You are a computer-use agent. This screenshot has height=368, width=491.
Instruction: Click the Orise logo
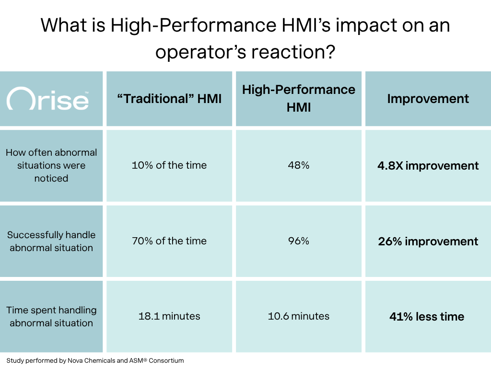(x=47, y=99)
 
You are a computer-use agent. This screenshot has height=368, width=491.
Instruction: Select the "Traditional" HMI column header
(x=169, y=99)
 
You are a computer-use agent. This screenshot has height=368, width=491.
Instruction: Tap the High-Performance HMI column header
(x=299, y=98)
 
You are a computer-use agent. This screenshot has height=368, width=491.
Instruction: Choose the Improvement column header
(x=428, y=99)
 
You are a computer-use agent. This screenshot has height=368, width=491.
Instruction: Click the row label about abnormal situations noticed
(x=51, y=165)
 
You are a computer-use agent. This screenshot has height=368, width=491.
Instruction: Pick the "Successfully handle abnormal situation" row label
(x=51, y=241)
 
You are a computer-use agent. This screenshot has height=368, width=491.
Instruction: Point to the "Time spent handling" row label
(x=51, y=316)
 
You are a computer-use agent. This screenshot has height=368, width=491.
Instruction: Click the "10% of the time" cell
(x=169, y=165)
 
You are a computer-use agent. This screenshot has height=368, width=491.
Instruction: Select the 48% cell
(x=299, y=165)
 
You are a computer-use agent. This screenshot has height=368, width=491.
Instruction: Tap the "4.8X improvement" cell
(x=428, y=166)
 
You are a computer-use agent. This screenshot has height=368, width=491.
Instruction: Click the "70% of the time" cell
(x=169, y=241)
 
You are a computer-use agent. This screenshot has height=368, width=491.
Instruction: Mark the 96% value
(x=299, y=241)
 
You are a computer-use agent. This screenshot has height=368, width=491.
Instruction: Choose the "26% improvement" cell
(x=428, y=241)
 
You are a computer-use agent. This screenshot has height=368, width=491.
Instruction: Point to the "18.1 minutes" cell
(x=169, y=316)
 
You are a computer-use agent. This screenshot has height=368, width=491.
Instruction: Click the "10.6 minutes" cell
(x=299, y=316)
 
